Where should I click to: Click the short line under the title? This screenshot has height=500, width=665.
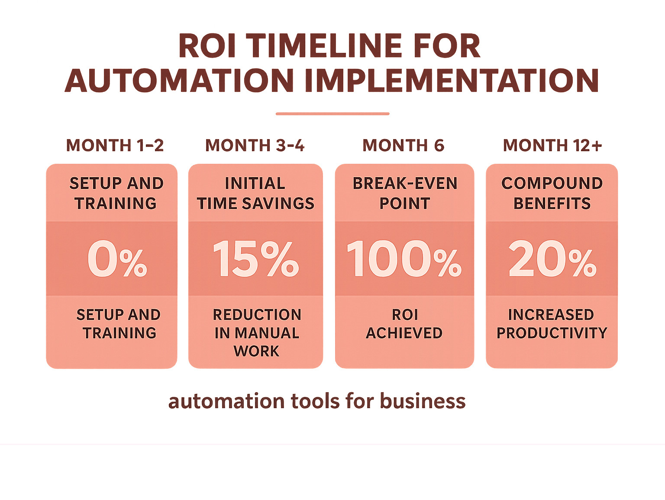coord(332,114)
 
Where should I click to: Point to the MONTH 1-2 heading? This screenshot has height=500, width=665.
coord(115,146)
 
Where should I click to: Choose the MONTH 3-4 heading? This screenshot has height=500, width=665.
coord(255,146)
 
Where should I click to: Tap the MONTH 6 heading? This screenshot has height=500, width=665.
coord(404,146)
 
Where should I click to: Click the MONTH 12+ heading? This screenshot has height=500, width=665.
coord(552,146)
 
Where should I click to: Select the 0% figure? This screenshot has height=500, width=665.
coord(117,259)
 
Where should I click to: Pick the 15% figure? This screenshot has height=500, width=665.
coord(255,259)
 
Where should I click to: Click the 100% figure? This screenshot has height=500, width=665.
coord(404,259)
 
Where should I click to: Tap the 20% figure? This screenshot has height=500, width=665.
coord(552,259)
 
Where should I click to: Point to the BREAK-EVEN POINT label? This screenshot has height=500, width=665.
coord(405,193)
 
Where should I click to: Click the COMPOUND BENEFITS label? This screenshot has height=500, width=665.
coord(552,193)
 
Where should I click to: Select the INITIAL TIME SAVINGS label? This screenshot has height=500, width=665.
coord(255,193)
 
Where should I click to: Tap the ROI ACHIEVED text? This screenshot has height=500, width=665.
coord(404,324)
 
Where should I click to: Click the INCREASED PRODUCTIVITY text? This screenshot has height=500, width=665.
coord(552,324)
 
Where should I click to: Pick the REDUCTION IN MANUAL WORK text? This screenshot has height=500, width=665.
coord(257,332)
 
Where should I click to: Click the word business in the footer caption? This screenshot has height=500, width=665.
coord(423,401)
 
